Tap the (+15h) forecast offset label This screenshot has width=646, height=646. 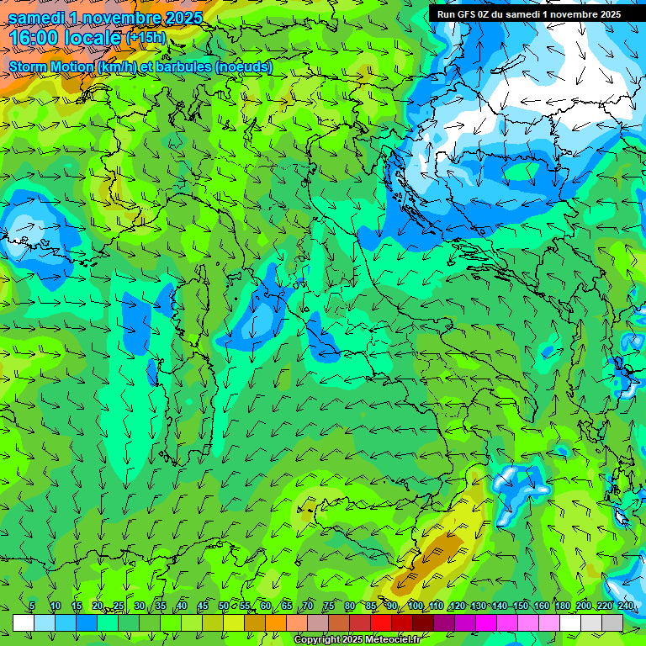point(146,38)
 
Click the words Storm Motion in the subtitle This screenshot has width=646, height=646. point(51,66)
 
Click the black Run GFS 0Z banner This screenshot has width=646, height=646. point(528,13)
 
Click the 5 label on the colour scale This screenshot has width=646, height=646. point(32,606)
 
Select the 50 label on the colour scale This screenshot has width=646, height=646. point(224,606)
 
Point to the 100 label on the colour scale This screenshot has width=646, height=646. point(415,606)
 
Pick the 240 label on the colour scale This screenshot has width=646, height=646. point(626,606)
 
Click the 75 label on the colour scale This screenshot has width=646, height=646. point(329,606)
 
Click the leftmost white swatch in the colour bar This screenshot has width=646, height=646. point(24,623)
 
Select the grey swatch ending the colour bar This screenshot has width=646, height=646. point(612,623)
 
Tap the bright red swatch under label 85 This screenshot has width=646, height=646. point(381,623)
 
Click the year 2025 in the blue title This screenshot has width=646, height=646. point(182,17)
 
